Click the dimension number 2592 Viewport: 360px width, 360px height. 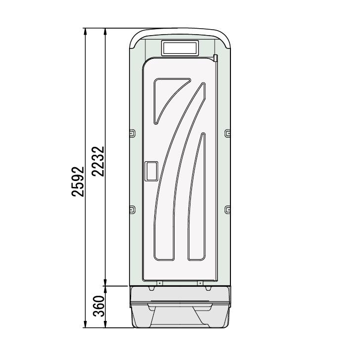tap(78, 179)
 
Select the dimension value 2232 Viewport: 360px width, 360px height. tap(98, 161)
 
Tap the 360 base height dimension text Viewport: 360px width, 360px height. tap(98, 307)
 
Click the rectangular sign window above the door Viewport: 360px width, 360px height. tap(180, 48)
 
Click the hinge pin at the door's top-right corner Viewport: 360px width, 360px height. tap(216, 58)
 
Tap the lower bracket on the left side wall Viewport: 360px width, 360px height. tap(132, 209)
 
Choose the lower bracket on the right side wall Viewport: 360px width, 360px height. tap(227, 209)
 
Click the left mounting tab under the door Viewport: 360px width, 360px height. tap(159, 283)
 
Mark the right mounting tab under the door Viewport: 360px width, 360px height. tap(200, 283)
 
